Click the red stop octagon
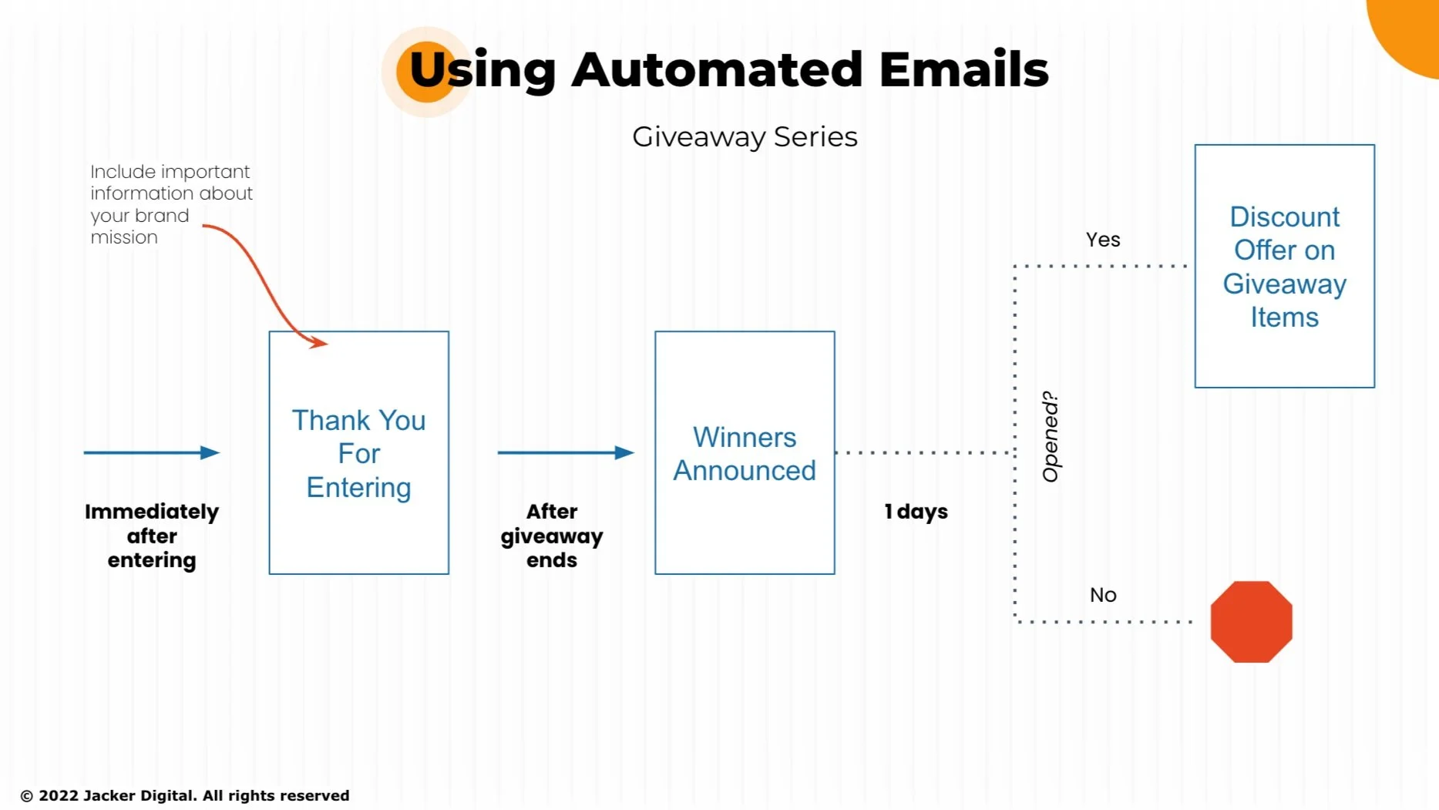(1251, 622)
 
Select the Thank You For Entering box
(358, 453)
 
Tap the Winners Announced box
(745, 453)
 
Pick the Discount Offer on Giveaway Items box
(1284, 267)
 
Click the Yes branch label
(1103, 240)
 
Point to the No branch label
(1103, 595)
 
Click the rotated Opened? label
(1051, 437)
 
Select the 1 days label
(916, 512)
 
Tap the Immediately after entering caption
(152, 536)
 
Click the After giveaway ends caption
(552, 536)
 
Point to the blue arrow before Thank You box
(152, 452)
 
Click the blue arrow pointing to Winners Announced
(566, 452)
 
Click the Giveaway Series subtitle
(745, 137)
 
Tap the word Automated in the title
(717, 69)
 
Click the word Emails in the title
(963, 69)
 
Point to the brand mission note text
(170, 204)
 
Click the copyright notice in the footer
(185, 795)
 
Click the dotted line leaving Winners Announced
(925, 452)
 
